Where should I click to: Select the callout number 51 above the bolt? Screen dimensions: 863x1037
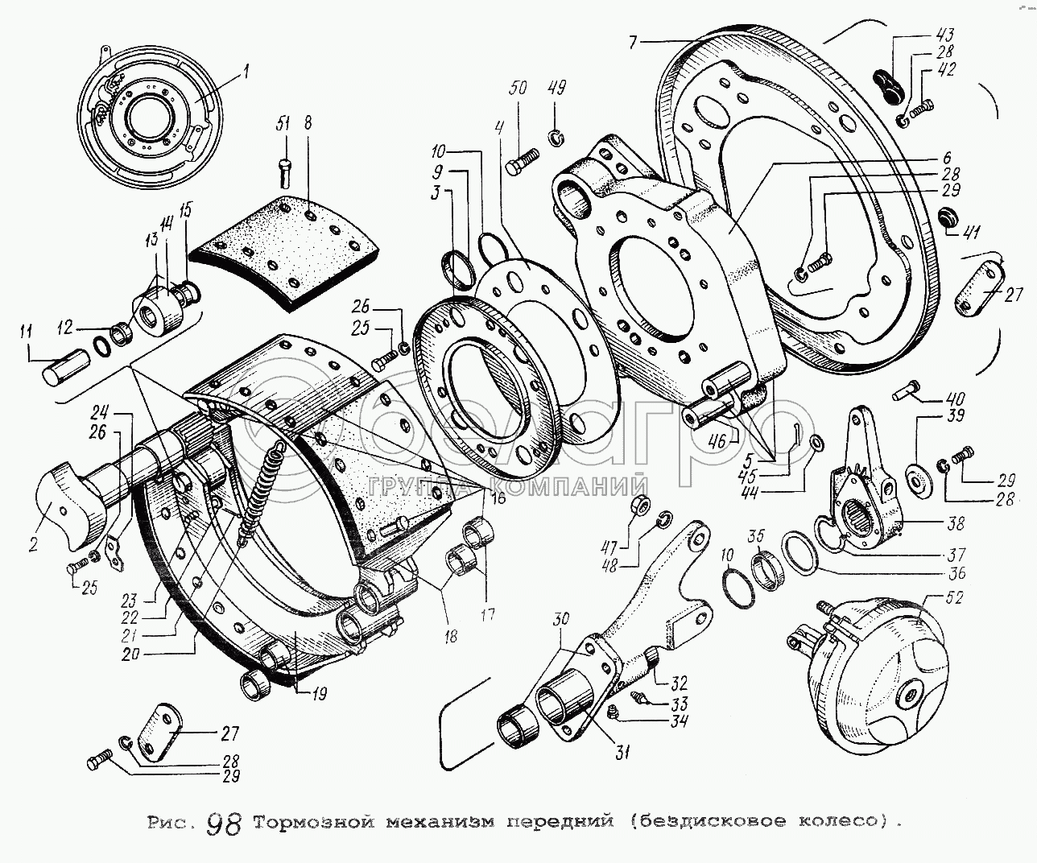pos(283,123)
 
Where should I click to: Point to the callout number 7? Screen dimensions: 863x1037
pos(634,42)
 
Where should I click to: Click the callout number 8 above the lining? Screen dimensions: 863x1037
pos(307,123)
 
